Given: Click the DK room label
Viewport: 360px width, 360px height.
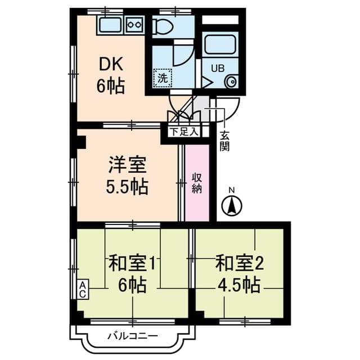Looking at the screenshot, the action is pos(111,65).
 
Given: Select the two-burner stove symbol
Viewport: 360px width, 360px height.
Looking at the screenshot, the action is pos(134,24).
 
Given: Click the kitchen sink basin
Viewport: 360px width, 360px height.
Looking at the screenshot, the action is pos(111,25).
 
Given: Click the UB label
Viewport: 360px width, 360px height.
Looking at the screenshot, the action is pos(218,68).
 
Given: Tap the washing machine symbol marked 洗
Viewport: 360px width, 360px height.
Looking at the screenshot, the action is pos(163,78).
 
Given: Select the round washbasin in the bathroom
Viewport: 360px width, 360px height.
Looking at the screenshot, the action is pos(231,82).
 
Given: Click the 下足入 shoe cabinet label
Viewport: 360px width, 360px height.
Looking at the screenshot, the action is pos(184,132).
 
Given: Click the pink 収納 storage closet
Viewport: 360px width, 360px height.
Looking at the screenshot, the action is pos(197,183).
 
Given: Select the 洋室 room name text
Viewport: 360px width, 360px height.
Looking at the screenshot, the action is pos(127,165).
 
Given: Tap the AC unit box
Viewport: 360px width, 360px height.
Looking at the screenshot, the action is pos(83,289).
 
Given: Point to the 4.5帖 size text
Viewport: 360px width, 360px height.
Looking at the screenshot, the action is pos(238,285).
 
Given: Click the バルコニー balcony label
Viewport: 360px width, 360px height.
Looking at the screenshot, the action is pos(133,336).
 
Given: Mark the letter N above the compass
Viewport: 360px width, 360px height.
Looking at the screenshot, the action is pos(232,190).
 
